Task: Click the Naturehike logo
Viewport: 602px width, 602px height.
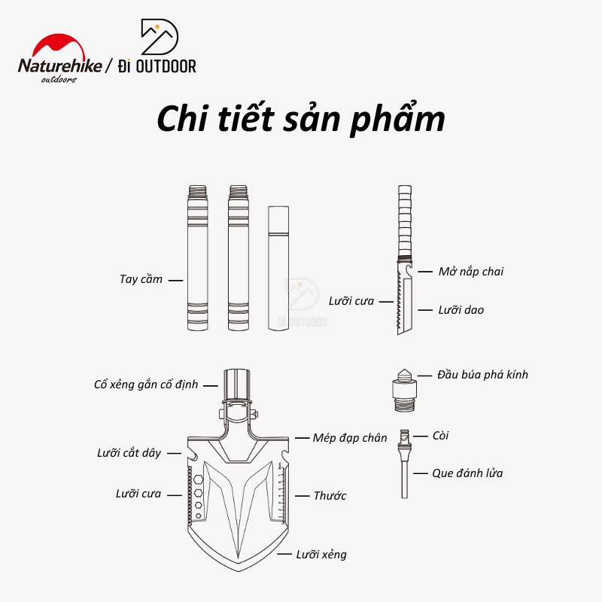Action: [x=59, y=64]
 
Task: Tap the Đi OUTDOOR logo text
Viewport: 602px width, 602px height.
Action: [x=161, y=66]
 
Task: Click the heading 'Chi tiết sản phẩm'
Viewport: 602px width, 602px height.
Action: [x=300, y=121]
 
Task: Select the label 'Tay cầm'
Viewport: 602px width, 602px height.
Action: [x=141, y=279]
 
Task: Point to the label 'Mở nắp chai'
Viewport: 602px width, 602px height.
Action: [x=471, y=271]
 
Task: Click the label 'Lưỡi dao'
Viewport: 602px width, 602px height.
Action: [x=461, y=309]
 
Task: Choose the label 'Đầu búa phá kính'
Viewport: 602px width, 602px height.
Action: [x=482, y=374]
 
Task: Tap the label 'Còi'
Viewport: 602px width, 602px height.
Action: [x=441, y=435]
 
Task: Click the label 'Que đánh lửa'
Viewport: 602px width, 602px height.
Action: [x=467, y=473]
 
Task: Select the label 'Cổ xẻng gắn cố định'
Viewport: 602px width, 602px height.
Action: [x=146, y=384]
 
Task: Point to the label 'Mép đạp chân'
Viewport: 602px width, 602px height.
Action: [x=351, y=437]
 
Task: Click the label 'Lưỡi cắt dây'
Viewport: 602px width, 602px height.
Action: [x=129, y=453]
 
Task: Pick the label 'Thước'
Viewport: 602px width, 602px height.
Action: [x=330, y=496]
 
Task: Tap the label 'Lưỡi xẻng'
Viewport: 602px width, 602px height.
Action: [x=322, y=555]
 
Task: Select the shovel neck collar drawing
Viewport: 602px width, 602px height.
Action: [x=238, y=384]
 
